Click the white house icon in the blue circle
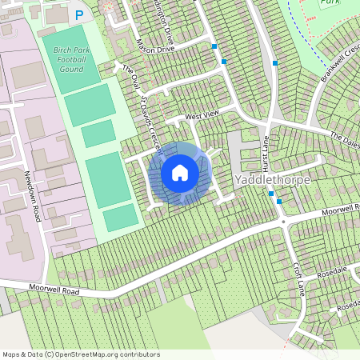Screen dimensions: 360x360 pos(180,172)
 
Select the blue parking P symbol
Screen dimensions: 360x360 pos(78,14)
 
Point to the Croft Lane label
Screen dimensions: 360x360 pos(300,277)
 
